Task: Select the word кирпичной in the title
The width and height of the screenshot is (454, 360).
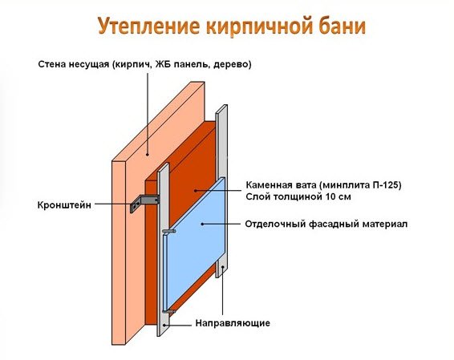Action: tap(256, 26)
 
